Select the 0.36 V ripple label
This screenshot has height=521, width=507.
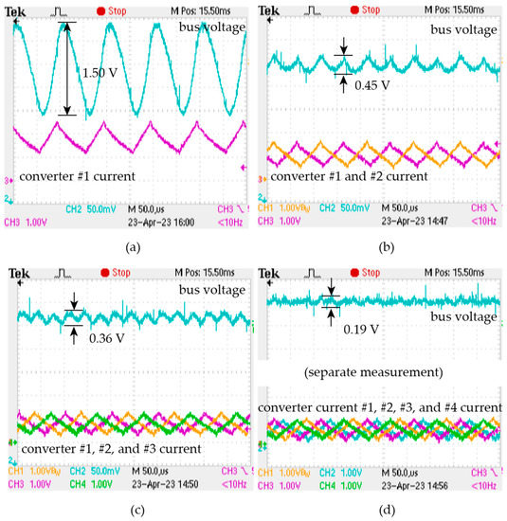107,337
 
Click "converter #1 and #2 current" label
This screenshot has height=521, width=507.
347,176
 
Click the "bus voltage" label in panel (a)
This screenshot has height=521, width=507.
210,27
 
